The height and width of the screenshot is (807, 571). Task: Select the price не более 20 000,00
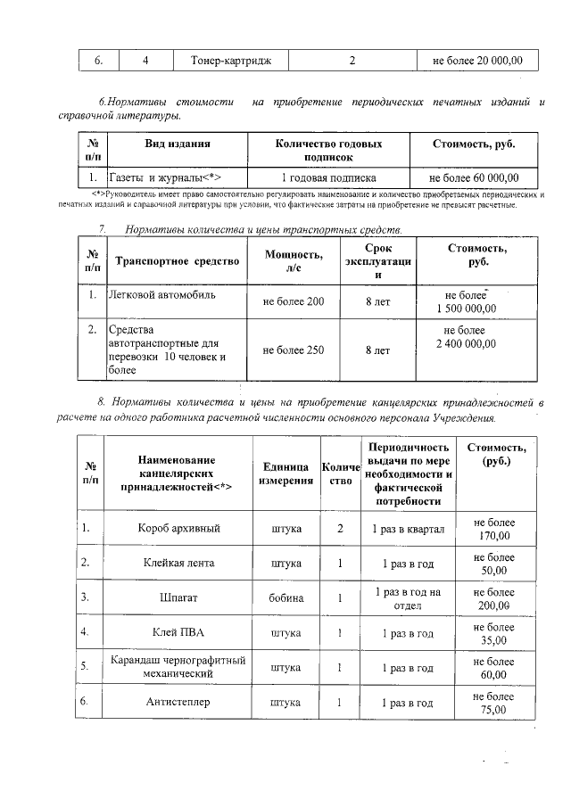[477, 61]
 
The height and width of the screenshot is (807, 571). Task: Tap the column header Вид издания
[178, 144]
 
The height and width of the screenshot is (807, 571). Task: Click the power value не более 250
[293, 350]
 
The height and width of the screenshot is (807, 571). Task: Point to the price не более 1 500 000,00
[467, 301]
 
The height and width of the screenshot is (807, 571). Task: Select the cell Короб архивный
[179, 528]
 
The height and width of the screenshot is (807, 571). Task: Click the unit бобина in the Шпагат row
[286, 597]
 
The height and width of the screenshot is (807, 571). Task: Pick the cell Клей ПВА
[179, 633]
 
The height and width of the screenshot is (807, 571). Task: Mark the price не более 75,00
[493, 703]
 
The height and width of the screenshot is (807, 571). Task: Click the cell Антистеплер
[179, 703]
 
